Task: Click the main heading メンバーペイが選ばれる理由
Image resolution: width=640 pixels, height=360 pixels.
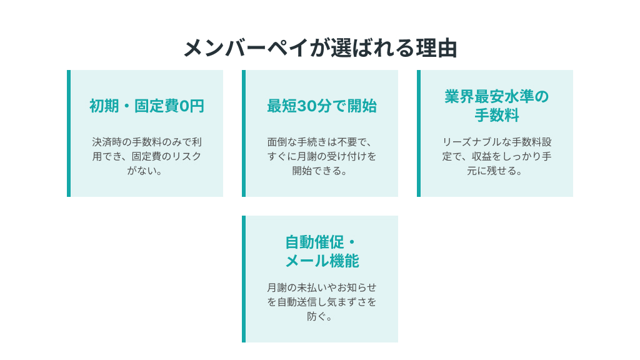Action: (320, 48)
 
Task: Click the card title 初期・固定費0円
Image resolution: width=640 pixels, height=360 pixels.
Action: (146, 106)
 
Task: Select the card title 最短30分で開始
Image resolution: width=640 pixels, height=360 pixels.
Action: (322, 106)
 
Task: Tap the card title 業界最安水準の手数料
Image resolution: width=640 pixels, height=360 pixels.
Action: (496, 106)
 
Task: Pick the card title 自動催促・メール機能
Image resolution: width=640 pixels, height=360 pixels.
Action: (322, 251)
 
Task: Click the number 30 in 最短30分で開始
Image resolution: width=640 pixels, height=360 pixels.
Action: (306, 106)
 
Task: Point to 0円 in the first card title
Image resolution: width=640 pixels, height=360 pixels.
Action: (191, 106)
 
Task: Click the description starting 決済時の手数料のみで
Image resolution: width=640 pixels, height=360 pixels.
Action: (146, 156)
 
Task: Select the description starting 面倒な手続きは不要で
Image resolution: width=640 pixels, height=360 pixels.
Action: (322, 156)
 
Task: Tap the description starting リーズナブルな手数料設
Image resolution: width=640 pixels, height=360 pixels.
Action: (496, 156)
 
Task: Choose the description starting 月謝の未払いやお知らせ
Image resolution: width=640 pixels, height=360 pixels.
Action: (322, 302)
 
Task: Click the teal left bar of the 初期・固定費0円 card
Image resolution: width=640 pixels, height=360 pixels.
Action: (69, 134)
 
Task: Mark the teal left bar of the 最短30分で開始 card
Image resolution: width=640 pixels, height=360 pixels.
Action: (244, 134)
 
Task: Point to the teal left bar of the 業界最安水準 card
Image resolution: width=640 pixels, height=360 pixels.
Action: (419, 134)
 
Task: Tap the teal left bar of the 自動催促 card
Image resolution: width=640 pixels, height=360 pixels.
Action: (244, 279)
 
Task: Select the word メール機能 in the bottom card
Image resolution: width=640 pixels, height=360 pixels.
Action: (322, 261)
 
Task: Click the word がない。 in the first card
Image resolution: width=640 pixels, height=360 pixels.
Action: (145, 171)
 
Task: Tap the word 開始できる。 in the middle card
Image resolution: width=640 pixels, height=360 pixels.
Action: (320, 171)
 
